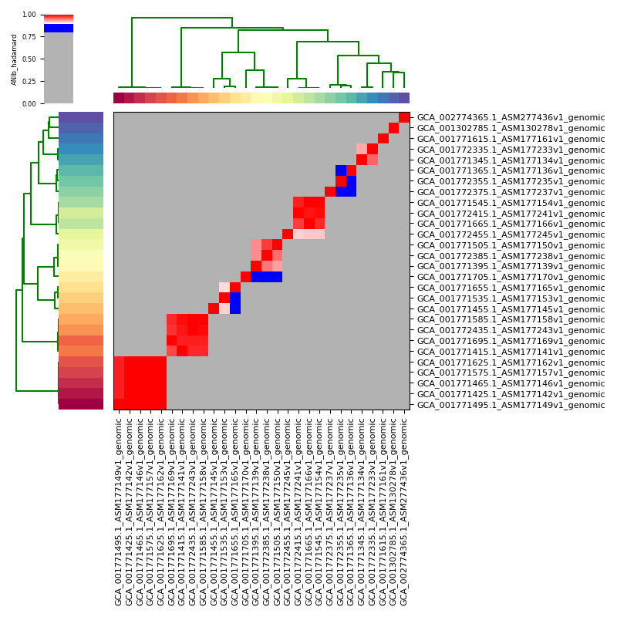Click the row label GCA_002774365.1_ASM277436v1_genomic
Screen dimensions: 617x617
pyautogui.click(x=511, y=117)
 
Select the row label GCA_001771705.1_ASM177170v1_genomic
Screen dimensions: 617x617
pyautogui.click(x=511, y=277)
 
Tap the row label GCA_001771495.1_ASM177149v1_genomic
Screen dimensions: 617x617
pyautogui.click(x=511, y=405)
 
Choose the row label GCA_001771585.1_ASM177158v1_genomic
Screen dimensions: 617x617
pyautogui.click(x=511, y=319)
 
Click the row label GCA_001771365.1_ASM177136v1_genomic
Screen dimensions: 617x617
pyautogui.click(x=511, y=170)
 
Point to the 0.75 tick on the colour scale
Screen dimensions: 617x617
pyautogui.click(x=39, y=36)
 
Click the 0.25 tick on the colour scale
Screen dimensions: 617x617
pyautogui.click(x=39, y=81)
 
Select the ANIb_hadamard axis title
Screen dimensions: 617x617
pyautogui.click(x=14, y=59)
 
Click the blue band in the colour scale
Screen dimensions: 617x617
pyautogui.click(x=59, y=29)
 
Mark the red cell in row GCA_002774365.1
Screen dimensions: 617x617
pyautogui.click(x=404, y=117)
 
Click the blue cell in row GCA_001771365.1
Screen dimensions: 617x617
pyautogui.click(x=341, y=170)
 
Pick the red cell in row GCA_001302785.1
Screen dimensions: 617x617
pyautogui.click(x=394, y=128)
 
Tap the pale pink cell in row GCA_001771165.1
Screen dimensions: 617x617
pyautogui.click(x=224, y=288)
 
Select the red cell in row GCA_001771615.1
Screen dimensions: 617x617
pyautogui.click(x=383, y=139)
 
